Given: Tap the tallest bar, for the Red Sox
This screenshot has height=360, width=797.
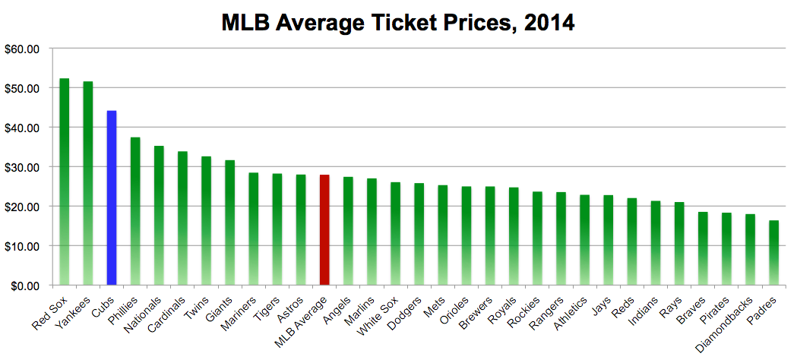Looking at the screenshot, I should tap(64, 182).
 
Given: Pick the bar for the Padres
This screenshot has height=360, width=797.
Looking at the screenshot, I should tap(773, 253).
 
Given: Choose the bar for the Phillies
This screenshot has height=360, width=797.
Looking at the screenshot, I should tap(135, 211).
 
